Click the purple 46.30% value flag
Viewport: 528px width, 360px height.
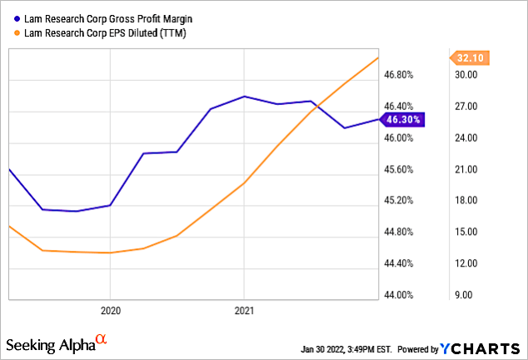point(403,119)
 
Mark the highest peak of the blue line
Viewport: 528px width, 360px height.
point(244,97)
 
